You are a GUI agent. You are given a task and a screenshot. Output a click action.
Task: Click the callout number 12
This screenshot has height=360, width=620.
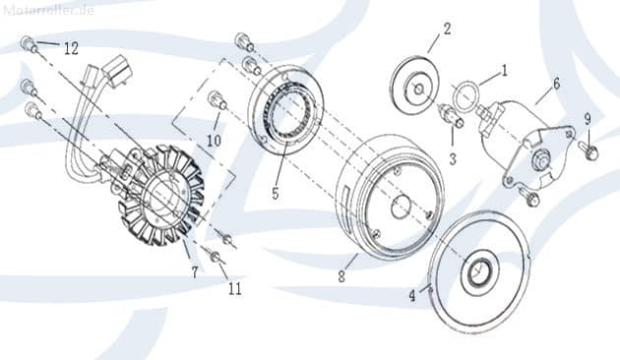71,48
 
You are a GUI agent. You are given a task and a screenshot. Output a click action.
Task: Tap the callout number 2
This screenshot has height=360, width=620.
446,28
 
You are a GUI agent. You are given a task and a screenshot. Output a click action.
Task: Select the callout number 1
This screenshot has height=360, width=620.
504,71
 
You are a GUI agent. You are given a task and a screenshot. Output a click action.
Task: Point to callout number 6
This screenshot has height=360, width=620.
556,85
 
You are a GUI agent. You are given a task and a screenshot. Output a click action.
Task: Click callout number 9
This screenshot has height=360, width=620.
588,119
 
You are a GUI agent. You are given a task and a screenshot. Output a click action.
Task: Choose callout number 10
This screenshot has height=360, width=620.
214,141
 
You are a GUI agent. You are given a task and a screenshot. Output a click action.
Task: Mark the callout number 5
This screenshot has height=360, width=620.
276,194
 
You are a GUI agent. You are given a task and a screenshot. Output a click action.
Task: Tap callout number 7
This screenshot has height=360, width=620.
194,272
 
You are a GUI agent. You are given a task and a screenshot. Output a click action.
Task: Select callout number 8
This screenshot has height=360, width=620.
341,277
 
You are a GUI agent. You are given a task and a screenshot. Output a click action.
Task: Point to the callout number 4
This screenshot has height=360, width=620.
413,295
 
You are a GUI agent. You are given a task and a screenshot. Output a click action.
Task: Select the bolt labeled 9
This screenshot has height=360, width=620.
589,151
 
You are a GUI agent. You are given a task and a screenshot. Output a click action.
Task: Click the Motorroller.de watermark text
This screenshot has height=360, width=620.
48,10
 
